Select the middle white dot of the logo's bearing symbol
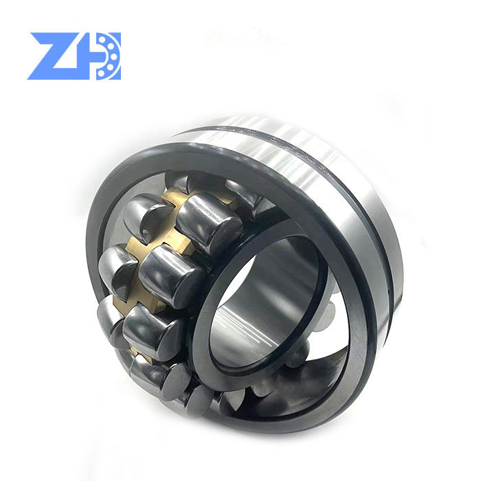[x=107, y=55]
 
